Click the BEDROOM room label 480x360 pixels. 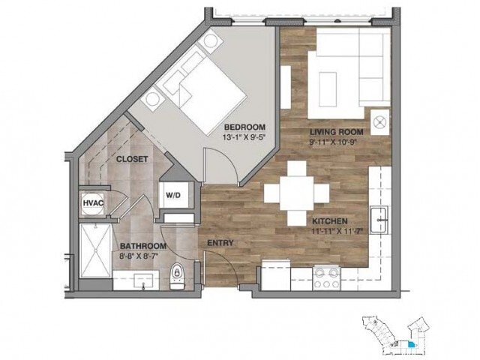pyautogui.click(x=245, y=126)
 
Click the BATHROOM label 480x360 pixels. pyautogui.click(x=143, y=246)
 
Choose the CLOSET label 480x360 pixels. pyautogui.click(x=131, y=159)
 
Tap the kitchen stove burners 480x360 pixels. pyautogui.click(x=328, y=278)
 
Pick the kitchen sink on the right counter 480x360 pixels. pyautogui.click(x=380, y=220)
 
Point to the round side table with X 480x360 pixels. pyautogui.click(x=380, y=119)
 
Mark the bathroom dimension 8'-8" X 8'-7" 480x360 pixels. pyautogui.click(x=143, y=256)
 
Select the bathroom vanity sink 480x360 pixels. pyautogui.click(x=139, y=280)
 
